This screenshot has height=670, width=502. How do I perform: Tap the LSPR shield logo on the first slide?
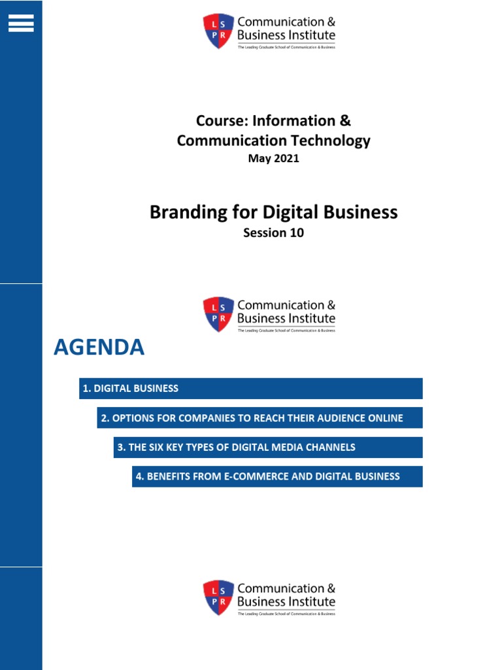coord(218,31)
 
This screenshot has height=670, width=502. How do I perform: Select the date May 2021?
coord(273,158)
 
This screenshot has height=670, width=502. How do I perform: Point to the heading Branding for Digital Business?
coord(273,213)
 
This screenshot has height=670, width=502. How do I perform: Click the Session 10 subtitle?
coord(273,233)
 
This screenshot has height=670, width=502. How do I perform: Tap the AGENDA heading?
coord(99,348)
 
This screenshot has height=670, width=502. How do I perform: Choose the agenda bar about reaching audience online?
coord(259,418)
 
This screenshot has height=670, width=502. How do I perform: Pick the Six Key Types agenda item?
coord(268,448)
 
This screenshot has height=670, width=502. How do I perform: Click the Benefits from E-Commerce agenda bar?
coord(277,477)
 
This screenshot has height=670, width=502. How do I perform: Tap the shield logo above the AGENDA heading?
coord(218,314)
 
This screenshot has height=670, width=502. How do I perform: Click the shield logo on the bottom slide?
coord(218,597)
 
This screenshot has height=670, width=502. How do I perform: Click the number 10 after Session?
coord(296,233)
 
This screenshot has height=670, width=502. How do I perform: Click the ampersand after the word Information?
coord(345,121)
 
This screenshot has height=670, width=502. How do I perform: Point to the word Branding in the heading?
coord(180,213)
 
